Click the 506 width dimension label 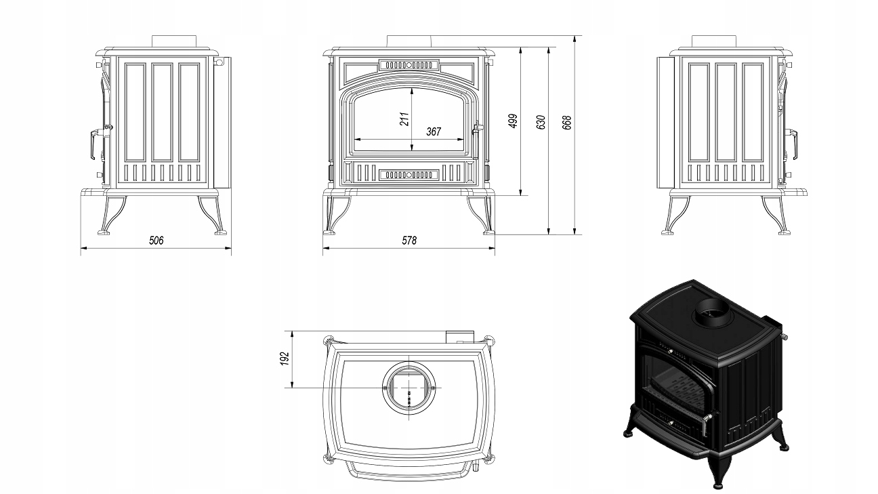156,241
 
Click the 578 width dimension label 409,241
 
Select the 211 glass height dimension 404,119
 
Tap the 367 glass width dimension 434,131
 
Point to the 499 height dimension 513,121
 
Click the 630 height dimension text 541,121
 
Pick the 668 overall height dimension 568,121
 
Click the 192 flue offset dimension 285,358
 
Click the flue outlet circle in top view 409,386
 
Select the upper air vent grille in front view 409,65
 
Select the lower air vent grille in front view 409,175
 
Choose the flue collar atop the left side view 173,40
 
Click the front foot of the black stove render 719,471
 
